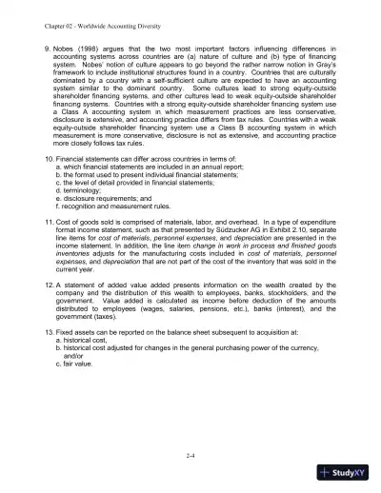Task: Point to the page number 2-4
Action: pyautogui.click(x=191, y=457)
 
